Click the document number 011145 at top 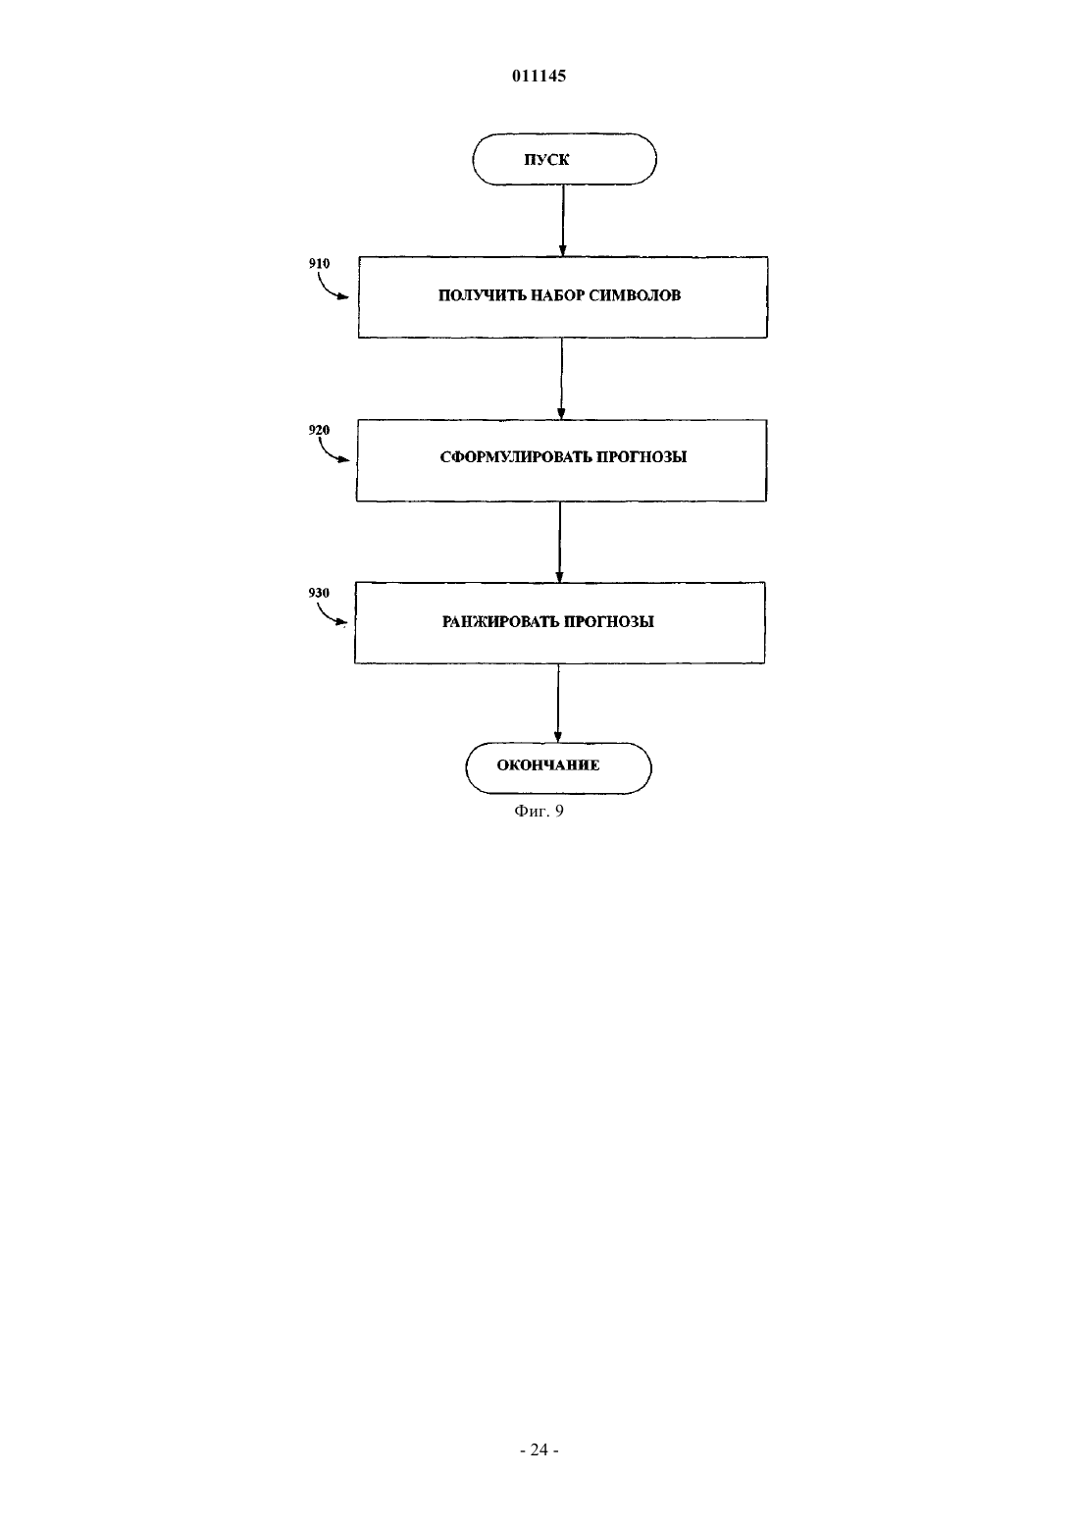point(539,76)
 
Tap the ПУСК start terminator point(565,159)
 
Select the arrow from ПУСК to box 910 point(563,221)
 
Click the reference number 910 point(319,263)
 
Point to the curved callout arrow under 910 point(331,289)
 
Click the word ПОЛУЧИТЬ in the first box point(482,295)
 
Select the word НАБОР point(556,295)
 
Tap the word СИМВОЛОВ point(635,295)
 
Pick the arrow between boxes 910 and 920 point(561,379)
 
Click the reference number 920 point(319,430)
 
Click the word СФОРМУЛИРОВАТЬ point(516,456)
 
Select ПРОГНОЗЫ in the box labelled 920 point(642,456)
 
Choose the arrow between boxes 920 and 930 point(560,542)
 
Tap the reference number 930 point(319,593)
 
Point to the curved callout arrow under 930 point(330,613)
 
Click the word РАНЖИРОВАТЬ point(500,622)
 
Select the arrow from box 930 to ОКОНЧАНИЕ point(558,703)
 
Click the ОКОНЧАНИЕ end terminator point(558,768)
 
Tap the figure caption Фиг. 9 point(539,811)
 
